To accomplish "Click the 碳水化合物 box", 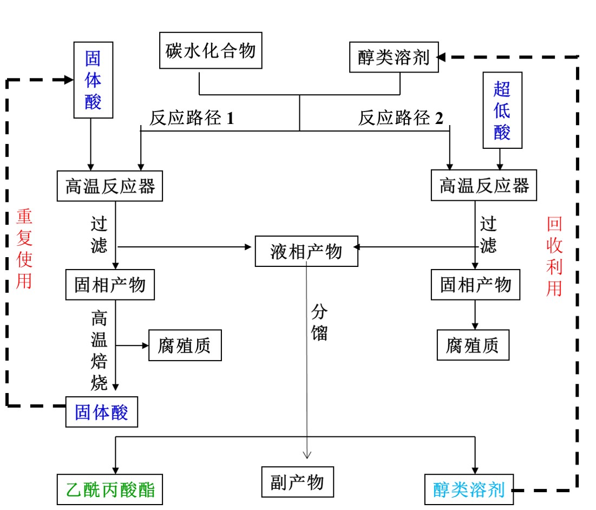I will tap(211, 51).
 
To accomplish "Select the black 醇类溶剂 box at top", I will tap(394, 57).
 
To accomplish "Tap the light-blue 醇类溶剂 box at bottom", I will tap(469, 490).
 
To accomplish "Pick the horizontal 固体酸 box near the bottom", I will tap(102, 413).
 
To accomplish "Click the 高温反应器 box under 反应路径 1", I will tap(110, 186).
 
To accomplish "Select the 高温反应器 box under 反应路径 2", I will tap(483, 186).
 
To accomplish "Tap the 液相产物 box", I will tap(306, 251).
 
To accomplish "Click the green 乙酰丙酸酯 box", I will tap(110, 490).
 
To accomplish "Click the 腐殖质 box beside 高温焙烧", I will tap(185, 345).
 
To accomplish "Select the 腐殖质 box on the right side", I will tap(473, 345).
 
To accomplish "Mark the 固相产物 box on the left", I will tap(110, 284).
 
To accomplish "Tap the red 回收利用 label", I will tap(554, 257).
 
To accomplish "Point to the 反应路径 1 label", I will tap(192, 118).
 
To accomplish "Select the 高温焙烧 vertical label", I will tap(100, 350).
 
